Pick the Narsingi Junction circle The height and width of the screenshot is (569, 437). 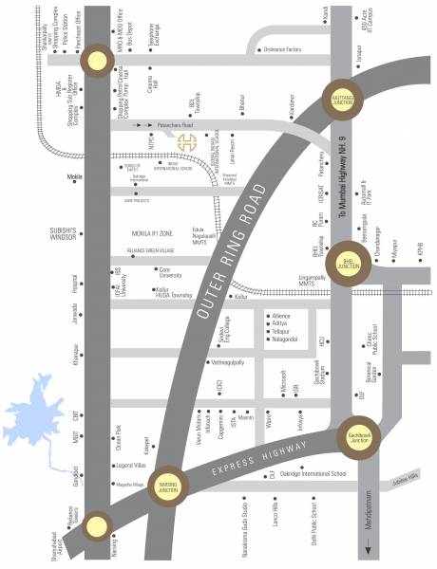[x=167, y=483]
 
